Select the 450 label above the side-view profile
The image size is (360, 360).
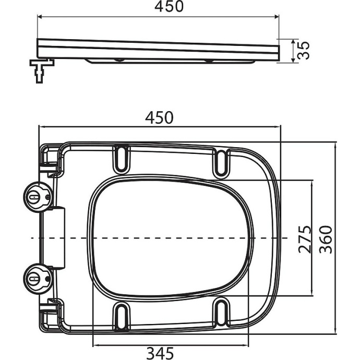[x=159, y=7]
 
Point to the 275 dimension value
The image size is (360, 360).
[x=306, y=239]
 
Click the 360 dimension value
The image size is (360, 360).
[x=326, y=239]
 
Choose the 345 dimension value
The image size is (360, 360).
[x=159, y=353]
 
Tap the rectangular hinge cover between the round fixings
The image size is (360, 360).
[x=57, y=237]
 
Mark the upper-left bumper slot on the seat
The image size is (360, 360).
[x=121, y=158]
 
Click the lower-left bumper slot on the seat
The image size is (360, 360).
[x=121, y=316]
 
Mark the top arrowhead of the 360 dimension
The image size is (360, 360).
[x=334, y=145]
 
